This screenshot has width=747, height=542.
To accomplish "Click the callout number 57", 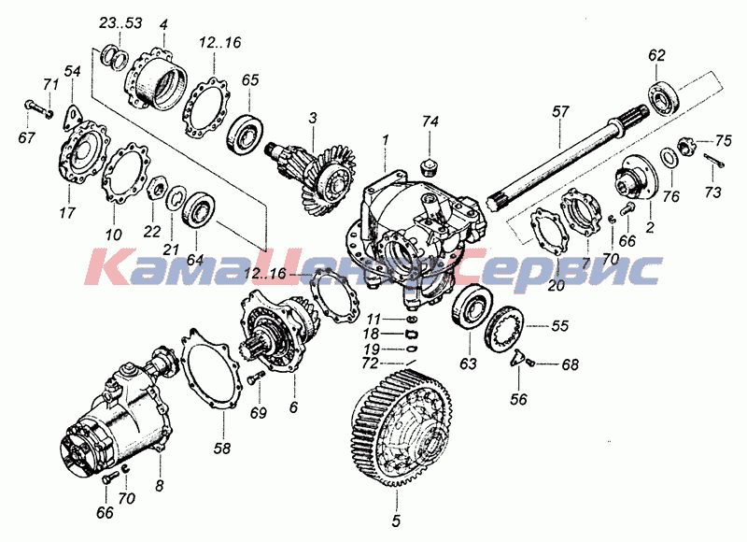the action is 561,112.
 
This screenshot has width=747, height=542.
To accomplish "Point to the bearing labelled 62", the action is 664,101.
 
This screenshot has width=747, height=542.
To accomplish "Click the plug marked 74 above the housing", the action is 430,168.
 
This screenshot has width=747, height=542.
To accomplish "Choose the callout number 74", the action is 430,122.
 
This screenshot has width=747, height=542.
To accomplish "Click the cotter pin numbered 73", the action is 713,161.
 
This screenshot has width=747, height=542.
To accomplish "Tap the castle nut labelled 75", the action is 684,145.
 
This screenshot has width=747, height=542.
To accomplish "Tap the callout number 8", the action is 159,486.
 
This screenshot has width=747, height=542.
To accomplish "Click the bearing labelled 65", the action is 245,133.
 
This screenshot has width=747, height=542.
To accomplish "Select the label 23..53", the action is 120,23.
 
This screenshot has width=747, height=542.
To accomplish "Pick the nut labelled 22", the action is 157,187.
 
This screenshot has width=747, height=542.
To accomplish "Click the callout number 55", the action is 560,326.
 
